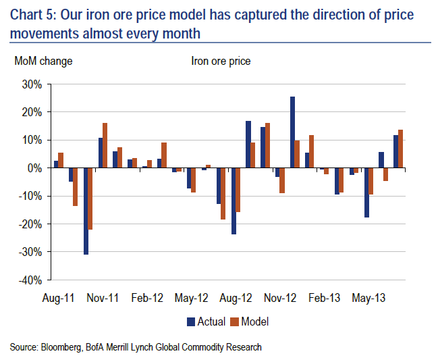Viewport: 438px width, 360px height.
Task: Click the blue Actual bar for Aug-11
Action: click(x=57, y=164)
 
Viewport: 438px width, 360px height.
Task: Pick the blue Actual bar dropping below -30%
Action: click(x=86, y=211)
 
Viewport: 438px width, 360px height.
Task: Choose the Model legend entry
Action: click(x=250, y=322)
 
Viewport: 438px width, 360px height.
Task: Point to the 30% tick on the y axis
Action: click(x=32, y=84)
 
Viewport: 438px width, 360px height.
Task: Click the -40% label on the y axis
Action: click(x=30, y=280)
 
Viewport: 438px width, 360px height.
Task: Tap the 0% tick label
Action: click(x=35, y=168)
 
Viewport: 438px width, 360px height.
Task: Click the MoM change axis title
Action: click(x=44, y=61)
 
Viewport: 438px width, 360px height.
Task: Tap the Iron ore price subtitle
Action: click(x=221, y=61)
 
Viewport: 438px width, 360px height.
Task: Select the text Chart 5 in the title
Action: click(x=30, y=14)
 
